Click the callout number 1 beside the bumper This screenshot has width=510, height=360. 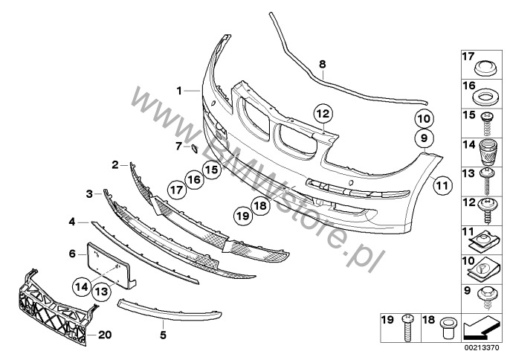[x=179, y=90]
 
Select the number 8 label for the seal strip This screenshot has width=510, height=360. [x=322, y=65]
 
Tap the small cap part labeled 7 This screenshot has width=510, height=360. [x=191, y=149]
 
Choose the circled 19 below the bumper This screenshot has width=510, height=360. [x=242, y=216]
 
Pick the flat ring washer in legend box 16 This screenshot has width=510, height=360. [x=482, y=97]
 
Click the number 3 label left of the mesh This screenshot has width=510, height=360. [x=88, y=194]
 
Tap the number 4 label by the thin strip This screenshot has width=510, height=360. [x=73, y=222]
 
